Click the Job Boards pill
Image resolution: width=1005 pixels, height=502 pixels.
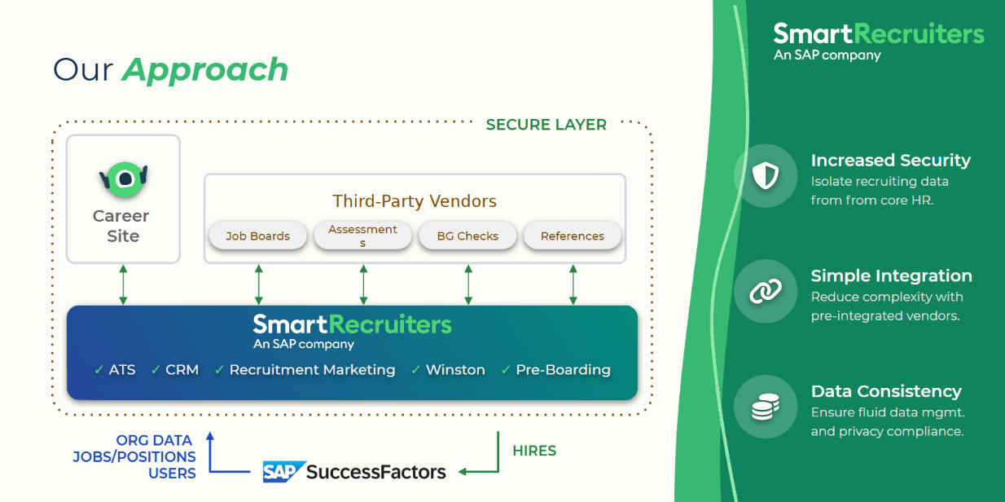(x=258, y=236)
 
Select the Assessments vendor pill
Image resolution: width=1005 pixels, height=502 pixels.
(x=363, y=236)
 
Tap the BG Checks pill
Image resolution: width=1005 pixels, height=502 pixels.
(x=467, y=236)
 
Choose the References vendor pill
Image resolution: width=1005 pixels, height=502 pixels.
(x=573, y=236)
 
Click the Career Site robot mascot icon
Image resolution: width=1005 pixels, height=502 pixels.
(x=123, y=178)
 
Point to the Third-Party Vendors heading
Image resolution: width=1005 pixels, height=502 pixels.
(x=415, y=201)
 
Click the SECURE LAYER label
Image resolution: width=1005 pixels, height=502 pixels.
(x=546, y=125)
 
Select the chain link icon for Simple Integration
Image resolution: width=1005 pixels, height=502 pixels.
(x=766, y=291)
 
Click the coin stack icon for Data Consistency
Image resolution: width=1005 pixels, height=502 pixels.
(x=766, y=407)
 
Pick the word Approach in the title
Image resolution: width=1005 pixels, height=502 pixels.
(x=205, y=70)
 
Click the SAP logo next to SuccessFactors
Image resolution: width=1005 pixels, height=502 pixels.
(x=283, y=472)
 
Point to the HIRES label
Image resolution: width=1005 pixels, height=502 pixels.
(x=534, y=451)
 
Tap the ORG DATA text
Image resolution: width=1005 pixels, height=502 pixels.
(x=155, y=441)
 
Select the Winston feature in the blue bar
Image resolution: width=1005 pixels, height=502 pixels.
(x=455, y=370)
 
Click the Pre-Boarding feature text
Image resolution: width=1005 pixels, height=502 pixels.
(x=563, y=370)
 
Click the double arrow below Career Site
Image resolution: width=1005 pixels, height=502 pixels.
(x=123, y=284)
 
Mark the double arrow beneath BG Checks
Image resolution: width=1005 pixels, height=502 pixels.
(x=468, y=284)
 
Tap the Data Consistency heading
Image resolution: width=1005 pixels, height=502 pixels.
(x=886, y=391)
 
